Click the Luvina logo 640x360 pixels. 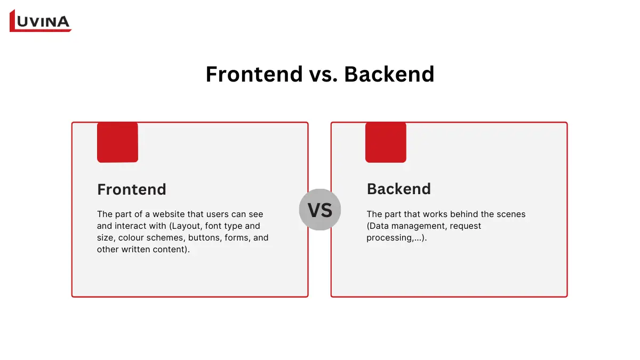point(41,21)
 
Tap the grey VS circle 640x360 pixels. point(320,210)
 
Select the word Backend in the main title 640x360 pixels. point(389,74)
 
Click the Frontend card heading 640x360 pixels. point(132,189)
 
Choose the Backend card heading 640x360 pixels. point(399,189)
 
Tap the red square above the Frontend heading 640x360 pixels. point(117,142)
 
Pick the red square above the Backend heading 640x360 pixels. point(386,142)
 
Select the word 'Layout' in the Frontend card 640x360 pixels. point(187,226)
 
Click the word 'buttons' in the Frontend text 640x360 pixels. point(204,237)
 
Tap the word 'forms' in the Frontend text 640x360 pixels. point(238,237)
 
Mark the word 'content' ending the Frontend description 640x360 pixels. point(171,249)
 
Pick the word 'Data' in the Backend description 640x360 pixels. point(380,226)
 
